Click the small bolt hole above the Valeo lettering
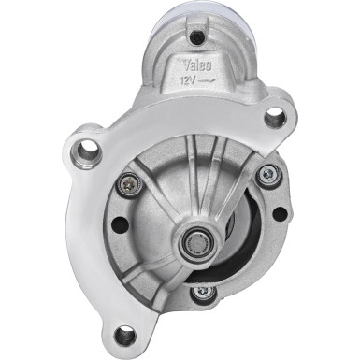click(x=196, y=36)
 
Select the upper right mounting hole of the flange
click(x=274, y=118)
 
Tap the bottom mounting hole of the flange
click(x=124, y=334)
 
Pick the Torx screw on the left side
click(x=125, y=184)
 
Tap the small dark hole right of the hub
click(x=279, y=213)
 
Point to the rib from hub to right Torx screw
click(x=238, y=201)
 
